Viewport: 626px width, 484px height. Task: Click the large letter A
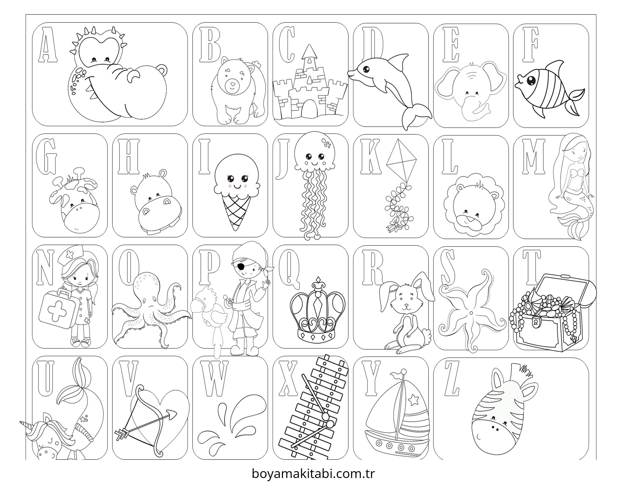click(48, 45)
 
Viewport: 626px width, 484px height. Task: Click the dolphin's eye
click(366, 69)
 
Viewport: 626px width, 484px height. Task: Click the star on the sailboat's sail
click(413, 399)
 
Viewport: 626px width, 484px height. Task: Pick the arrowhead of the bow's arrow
click(172, 414)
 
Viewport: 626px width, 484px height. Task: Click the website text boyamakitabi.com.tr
click(313, 474)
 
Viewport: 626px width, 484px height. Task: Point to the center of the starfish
click(471, 313)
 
